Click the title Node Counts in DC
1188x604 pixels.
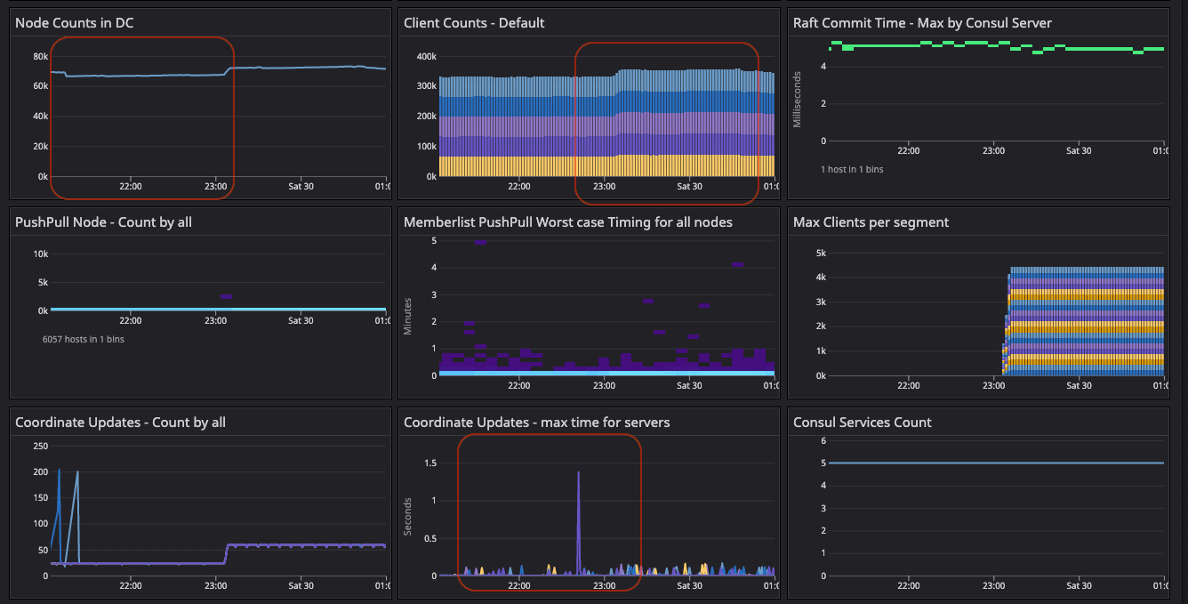point(75,22)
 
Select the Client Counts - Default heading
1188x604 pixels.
point(474,22)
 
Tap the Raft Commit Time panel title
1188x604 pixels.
point(922,22)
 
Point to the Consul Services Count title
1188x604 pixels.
point(862,423)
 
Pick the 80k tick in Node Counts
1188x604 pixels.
point(40,56)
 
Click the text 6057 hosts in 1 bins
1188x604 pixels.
point(84,339)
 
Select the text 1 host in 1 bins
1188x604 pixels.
point(852,169)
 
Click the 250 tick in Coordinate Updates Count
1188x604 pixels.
point(40,446)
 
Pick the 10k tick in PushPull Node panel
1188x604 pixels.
point(40,254)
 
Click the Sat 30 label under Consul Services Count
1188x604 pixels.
point(1079,585)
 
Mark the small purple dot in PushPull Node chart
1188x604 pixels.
point(226,296)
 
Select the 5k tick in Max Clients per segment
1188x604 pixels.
point(820,254)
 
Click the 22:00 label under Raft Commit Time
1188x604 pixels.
point(908,150)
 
